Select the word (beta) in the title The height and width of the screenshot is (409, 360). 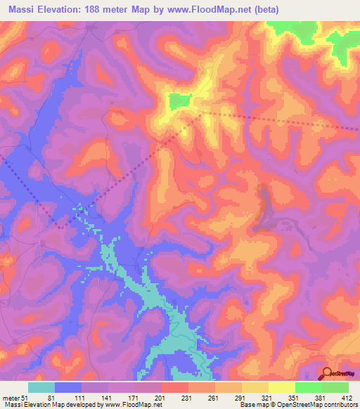tap(266, 9)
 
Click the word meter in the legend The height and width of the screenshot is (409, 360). tap(11, 397)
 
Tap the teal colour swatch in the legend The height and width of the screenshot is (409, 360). tap(41, 387)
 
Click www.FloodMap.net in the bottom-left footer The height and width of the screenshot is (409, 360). tap(134, 405)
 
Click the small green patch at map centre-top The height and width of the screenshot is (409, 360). tap(179, 101)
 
